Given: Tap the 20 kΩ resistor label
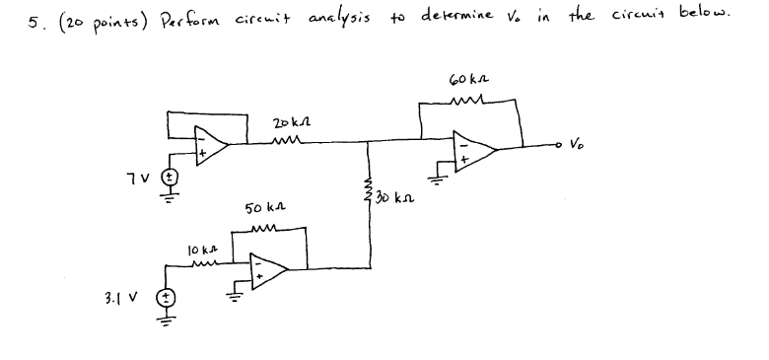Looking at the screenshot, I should tap(291, 124).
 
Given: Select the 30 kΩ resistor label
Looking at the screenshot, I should tap(394, 198).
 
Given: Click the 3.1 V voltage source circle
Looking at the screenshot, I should tap(168, 297).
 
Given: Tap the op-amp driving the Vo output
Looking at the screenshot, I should tap(476, 148).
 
